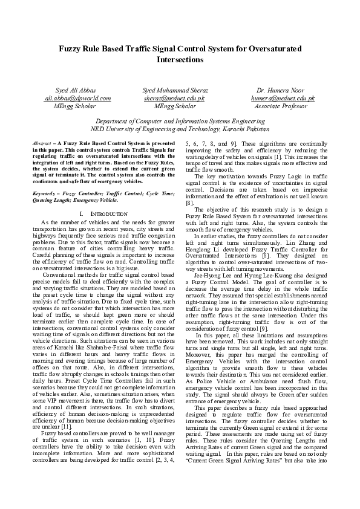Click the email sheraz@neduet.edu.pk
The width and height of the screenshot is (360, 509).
tap(174, 97)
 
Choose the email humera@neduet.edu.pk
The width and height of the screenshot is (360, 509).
tap(283, 97)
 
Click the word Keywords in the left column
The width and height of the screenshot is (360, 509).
tap(45, 192)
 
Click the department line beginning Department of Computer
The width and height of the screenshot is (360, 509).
tap(180, 121)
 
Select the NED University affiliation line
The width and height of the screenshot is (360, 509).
tap(180, 129)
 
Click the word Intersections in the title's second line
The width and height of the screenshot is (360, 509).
tap(180, 60)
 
